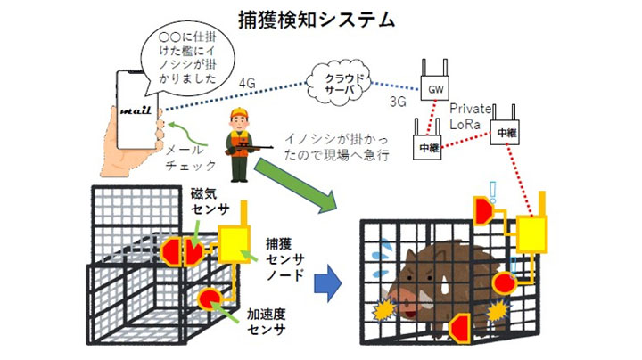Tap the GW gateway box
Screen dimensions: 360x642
pyautogui.click(x=435, y=89)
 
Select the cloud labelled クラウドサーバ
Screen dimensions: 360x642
pyautogui.click(x=342, y=83)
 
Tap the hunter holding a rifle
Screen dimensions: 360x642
pyautogui.click(x=239, y=135)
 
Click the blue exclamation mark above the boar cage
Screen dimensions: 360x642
pyautogui.click(x=490, y=190)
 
